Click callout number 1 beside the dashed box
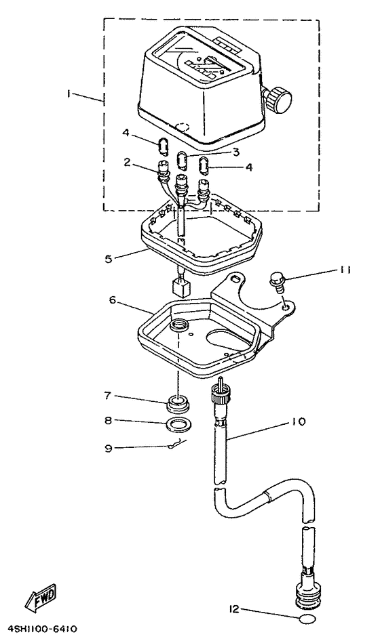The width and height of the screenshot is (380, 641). click(x=70, y=94)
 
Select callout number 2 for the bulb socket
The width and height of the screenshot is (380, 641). click(x=127, y=163)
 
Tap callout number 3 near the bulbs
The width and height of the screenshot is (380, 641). click(x=235, y=152)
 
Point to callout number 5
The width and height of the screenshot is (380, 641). click(x=108, y=259)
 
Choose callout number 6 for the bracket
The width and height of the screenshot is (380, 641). click(x=113, y=299)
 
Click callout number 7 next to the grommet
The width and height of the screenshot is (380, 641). click(x=108, y=395)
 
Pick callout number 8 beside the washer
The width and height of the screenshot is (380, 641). click(x=108, y=420)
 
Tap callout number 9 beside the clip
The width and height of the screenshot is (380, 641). click(x=108, y=448)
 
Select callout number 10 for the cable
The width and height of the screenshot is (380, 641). click(x=299, y=421)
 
